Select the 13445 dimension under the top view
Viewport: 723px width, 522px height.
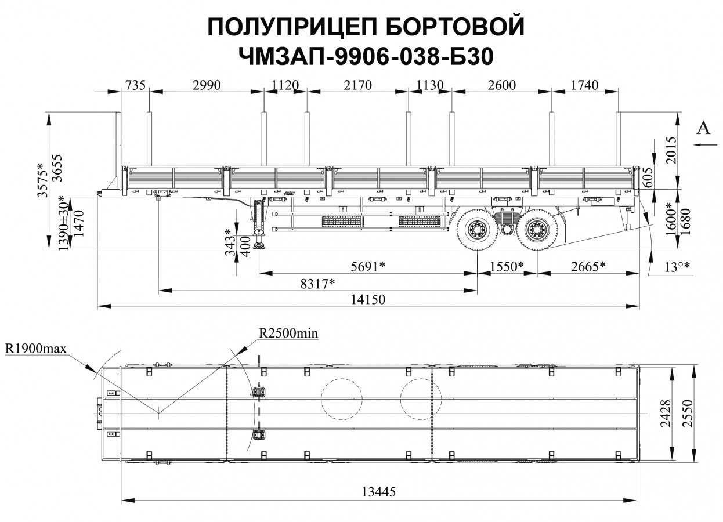378,492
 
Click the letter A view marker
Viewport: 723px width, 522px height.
703,129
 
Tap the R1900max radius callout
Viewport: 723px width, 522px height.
36,349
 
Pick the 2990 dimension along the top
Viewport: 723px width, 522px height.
206,85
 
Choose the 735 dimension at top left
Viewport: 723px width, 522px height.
135,85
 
